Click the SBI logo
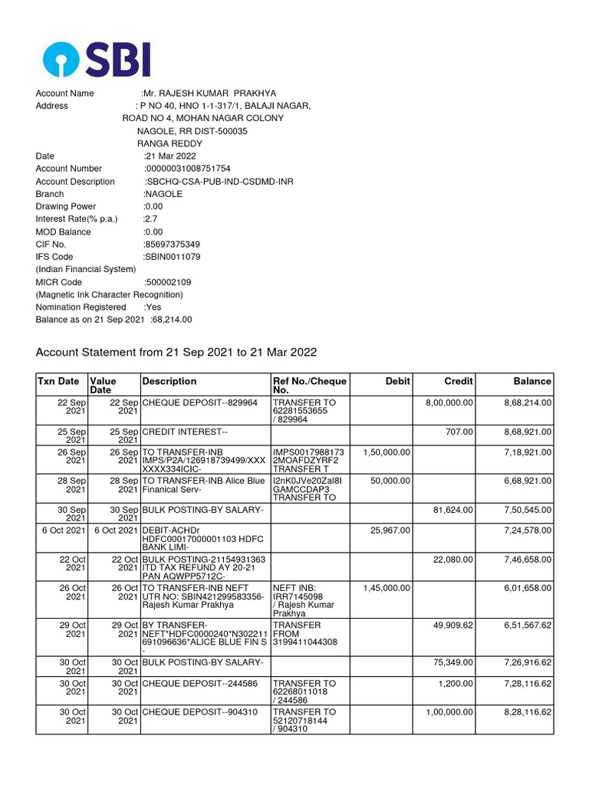[97, 59]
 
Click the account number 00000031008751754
[188, 169]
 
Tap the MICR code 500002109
[169, 282]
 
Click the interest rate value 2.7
[151, 219]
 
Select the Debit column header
[398, 381]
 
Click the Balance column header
[532, 381]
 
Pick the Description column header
[169, 381]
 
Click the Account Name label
[65, 94]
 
